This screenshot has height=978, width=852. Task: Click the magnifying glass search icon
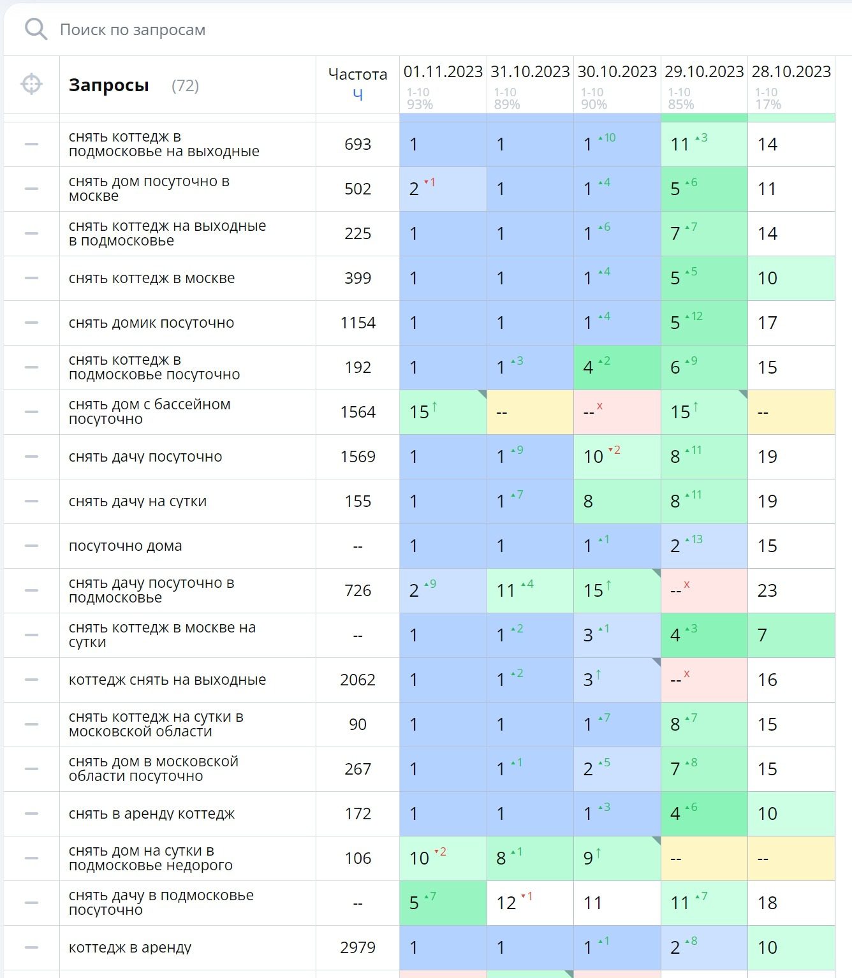(36, 29)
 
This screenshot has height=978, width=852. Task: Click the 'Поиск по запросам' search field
(133, 30)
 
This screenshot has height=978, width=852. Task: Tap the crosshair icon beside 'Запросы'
(31, 84)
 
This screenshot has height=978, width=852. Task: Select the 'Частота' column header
(357, 75)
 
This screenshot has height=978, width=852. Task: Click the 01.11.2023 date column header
(443, 71)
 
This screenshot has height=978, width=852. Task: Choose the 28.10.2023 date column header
(791, 71)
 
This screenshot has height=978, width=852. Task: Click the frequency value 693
(357, 145)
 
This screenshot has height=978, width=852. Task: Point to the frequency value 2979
(357, 948)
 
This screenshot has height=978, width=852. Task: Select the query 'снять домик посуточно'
(151, 323)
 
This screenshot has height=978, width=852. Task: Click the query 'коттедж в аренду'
(130, 948)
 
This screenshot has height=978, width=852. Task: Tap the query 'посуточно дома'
(125, 546)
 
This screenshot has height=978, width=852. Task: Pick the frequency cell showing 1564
(357, 412)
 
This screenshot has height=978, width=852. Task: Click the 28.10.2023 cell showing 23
(767, 591)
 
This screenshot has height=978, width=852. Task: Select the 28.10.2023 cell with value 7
(762, 636)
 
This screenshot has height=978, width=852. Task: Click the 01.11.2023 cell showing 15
(420, 412)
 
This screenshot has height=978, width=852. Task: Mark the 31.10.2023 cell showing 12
(506, 903)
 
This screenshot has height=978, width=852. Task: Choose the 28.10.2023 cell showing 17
(767, 323)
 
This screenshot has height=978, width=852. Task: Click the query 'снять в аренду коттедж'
(152, 814)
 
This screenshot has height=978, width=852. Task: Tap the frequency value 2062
(357, 680)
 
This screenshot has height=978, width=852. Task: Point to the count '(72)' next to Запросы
(185, 85)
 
